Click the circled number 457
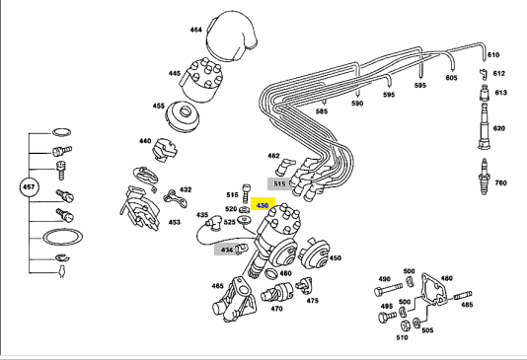pos(29,186)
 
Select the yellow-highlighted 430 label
pos(263,205)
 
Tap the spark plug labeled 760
pos(484,177)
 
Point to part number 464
pos(195,30)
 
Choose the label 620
pos(499,128)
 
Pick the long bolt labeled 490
pos(388,289)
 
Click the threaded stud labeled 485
pos(463,296)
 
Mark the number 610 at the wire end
pos(493,54)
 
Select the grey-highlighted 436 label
pos(227,250)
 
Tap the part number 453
pos(174,222)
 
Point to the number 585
pos(322,111)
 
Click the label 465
pos(217,286)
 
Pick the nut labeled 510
pos(405,325)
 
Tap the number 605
pos(451,78)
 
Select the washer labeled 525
pos(244,220)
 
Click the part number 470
pos(276,309)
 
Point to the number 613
pos(500,93)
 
